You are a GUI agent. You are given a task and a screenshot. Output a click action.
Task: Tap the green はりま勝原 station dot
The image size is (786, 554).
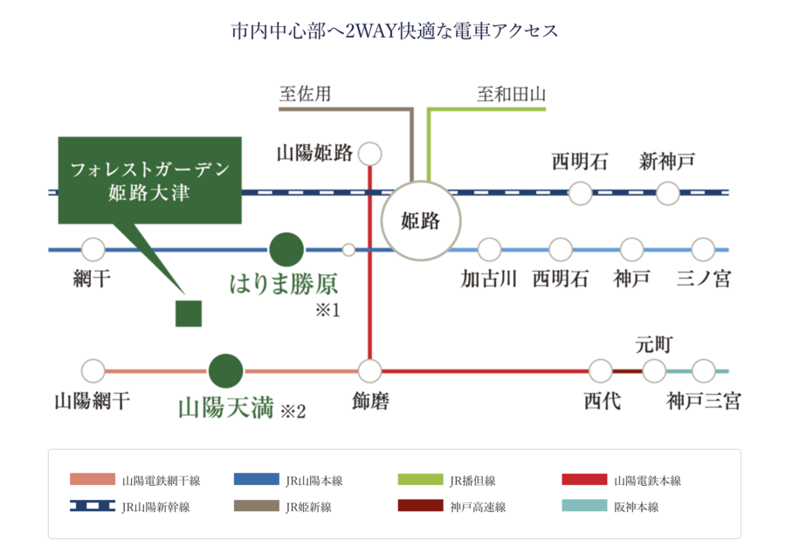pyautogui.click(x=286, y=250)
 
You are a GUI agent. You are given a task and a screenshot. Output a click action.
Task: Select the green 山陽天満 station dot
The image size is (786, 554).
pyautogui.click(x=226, y=370)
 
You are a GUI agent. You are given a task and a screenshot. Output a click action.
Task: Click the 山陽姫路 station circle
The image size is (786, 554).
pyautogui.click(x=370, y=154)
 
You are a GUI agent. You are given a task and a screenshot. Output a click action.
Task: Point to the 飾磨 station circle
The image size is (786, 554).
pyautogui.click(x=370, y=371)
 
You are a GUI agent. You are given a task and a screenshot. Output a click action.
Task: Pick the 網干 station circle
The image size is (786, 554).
pyautogui.click(x=93, y=250)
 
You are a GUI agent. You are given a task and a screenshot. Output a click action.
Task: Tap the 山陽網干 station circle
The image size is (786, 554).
pyautogui.click(x=92, y=371)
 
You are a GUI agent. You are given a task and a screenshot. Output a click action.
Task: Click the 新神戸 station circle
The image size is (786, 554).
pyautogui.click(x=668, y=193)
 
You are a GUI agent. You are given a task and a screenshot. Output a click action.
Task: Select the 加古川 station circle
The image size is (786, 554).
pyautogui.click(x=489, y=250)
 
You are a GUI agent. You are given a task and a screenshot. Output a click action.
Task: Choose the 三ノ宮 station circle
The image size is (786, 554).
pyautogui.click(x=703, y=250)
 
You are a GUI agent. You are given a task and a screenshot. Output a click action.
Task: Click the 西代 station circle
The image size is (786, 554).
pyautogui.click(x=601, y=371)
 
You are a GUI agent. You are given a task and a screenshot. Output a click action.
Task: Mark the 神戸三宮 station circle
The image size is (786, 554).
pyautogui.click(x=703, y=371)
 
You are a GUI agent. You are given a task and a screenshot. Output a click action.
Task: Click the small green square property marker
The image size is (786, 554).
pyautogui.click(x=189, y=313)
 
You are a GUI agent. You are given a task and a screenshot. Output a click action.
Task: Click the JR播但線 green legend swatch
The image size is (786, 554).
pyautogui.click(x=420, y=480)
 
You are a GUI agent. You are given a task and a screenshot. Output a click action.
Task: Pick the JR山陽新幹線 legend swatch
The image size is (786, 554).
pyautogui.click(x=93, y=506)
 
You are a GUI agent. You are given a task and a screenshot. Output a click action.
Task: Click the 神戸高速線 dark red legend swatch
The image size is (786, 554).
pyautogui.click(x=420, y=506)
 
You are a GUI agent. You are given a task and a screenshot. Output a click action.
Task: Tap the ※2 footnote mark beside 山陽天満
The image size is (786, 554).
pyautogui.click(x=293, y=410)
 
